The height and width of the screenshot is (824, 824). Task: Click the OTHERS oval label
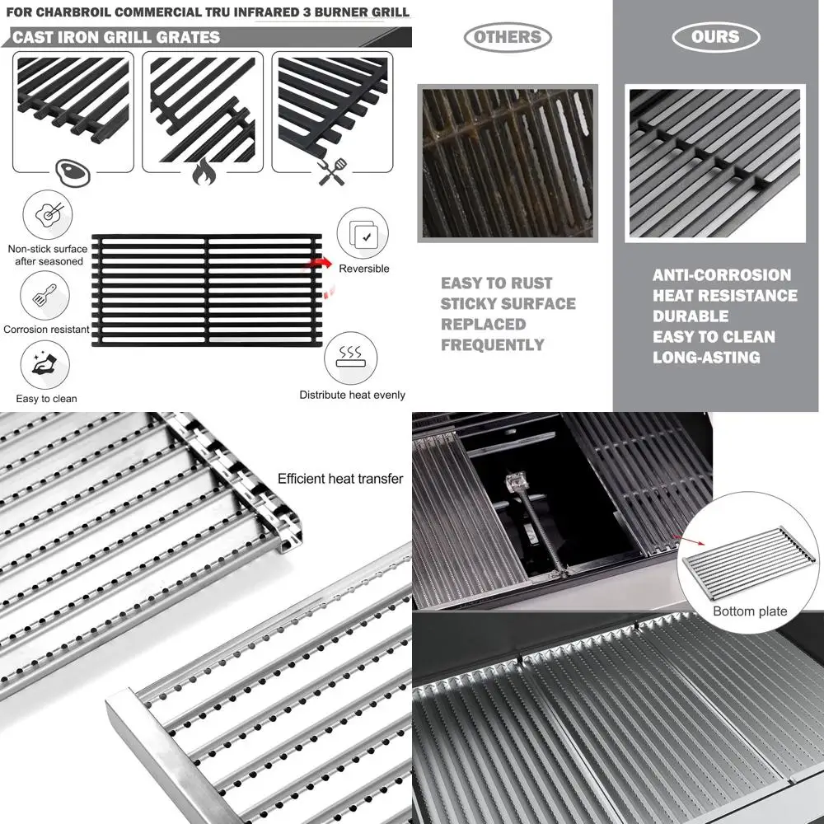point(507,37)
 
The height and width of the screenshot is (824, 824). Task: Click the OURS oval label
point(715,37)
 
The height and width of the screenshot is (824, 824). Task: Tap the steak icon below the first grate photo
point(72,173)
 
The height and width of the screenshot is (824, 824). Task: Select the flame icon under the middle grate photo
point(204,173)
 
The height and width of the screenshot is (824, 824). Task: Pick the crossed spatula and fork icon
point(332,173)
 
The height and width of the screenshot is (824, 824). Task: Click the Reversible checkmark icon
point(363,234)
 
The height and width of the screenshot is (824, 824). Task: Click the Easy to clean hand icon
point(45,366)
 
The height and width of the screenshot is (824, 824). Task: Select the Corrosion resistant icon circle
point(45,296)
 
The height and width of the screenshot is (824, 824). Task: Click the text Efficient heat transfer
point(340,479)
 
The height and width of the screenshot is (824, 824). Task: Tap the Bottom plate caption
point(750,611)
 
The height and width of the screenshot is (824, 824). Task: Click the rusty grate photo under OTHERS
point(507,162)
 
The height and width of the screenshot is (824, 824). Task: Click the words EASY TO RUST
point(496,283)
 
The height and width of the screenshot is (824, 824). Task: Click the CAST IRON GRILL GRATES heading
point(116,37)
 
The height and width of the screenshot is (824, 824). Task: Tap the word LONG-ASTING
point(706,358)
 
